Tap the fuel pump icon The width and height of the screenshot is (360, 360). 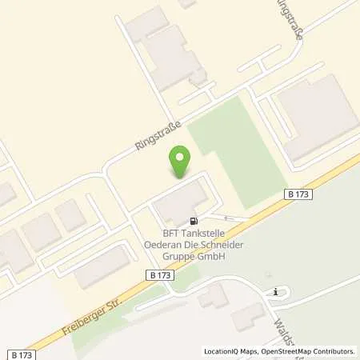[x=193, y=220]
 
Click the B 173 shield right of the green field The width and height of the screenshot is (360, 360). [x=295, y=194]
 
